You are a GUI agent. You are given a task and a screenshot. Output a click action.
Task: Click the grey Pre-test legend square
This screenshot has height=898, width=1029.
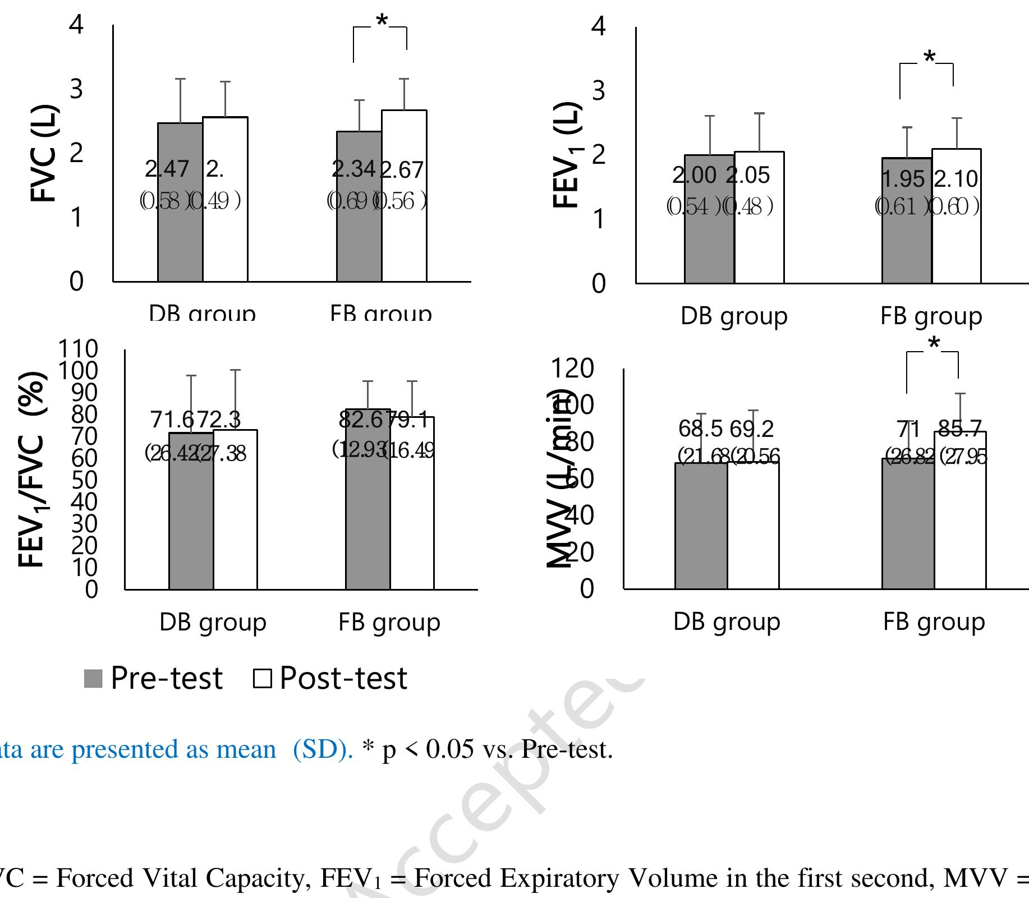pos(93,678)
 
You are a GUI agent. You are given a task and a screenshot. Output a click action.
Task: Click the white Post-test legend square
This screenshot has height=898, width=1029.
pos(262,678)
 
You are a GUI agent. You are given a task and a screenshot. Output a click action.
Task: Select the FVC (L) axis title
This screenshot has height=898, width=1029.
pos(44,153)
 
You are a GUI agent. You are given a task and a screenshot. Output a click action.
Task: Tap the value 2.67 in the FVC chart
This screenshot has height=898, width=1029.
pos(402,170)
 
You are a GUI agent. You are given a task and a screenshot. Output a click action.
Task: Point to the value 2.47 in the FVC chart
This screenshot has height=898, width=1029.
pos(167,169)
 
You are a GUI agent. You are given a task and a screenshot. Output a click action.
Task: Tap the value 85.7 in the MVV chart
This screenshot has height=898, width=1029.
pos(960,430)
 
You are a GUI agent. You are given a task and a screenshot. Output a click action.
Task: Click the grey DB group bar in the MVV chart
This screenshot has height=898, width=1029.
pos(701,527)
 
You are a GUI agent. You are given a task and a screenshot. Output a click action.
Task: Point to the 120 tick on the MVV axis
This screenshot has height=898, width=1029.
pos(572,369)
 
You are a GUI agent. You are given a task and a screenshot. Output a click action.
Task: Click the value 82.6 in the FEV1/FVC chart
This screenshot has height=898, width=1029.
pos(361,420)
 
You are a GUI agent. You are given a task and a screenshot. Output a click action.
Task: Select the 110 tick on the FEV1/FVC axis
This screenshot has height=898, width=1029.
pos(78,349)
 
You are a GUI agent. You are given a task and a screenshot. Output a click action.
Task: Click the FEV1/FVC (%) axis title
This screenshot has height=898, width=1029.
pos(33,469)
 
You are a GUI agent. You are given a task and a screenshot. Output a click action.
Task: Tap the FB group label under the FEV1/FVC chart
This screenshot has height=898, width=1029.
pos(389,622)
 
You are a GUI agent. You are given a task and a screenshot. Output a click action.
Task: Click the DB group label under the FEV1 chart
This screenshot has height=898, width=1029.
pos(734,316)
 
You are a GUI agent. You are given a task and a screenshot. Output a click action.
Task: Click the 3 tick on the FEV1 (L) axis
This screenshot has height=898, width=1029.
pos(599,90)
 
